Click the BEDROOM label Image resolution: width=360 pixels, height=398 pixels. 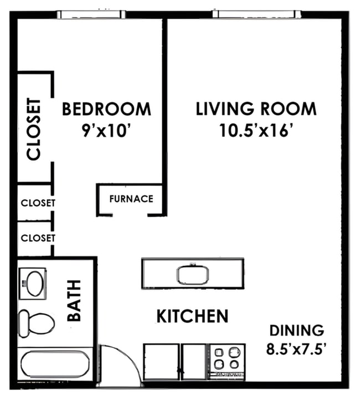click(x=106, y=109)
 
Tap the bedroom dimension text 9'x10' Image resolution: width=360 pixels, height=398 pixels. click(x=106, y=131)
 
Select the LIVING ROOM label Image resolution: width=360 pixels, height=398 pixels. click(x=256, y=109)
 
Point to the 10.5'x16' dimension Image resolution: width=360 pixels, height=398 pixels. click(x=256, y=131)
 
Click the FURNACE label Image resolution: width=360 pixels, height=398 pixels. click(x=131, y=198)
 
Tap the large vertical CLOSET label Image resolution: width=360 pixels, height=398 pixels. click(x=34, y=129)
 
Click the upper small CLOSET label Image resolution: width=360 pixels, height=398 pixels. click(x=38, y=203)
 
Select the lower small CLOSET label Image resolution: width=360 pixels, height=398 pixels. click(x=38, y=238)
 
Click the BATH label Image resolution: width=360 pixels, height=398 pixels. click(x=74, y=300)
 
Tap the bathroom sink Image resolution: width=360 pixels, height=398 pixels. click(x=34, y=283)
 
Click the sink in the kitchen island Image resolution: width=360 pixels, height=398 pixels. click(x=193, y=274)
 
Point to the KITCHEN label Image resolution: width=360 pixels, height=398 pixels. click(x=192, y=317)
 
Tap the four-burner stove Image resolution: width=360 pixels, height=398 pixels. click(x=227, y=358)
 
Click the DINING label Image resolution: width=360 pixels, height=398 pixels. click(x=296, y=331)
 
